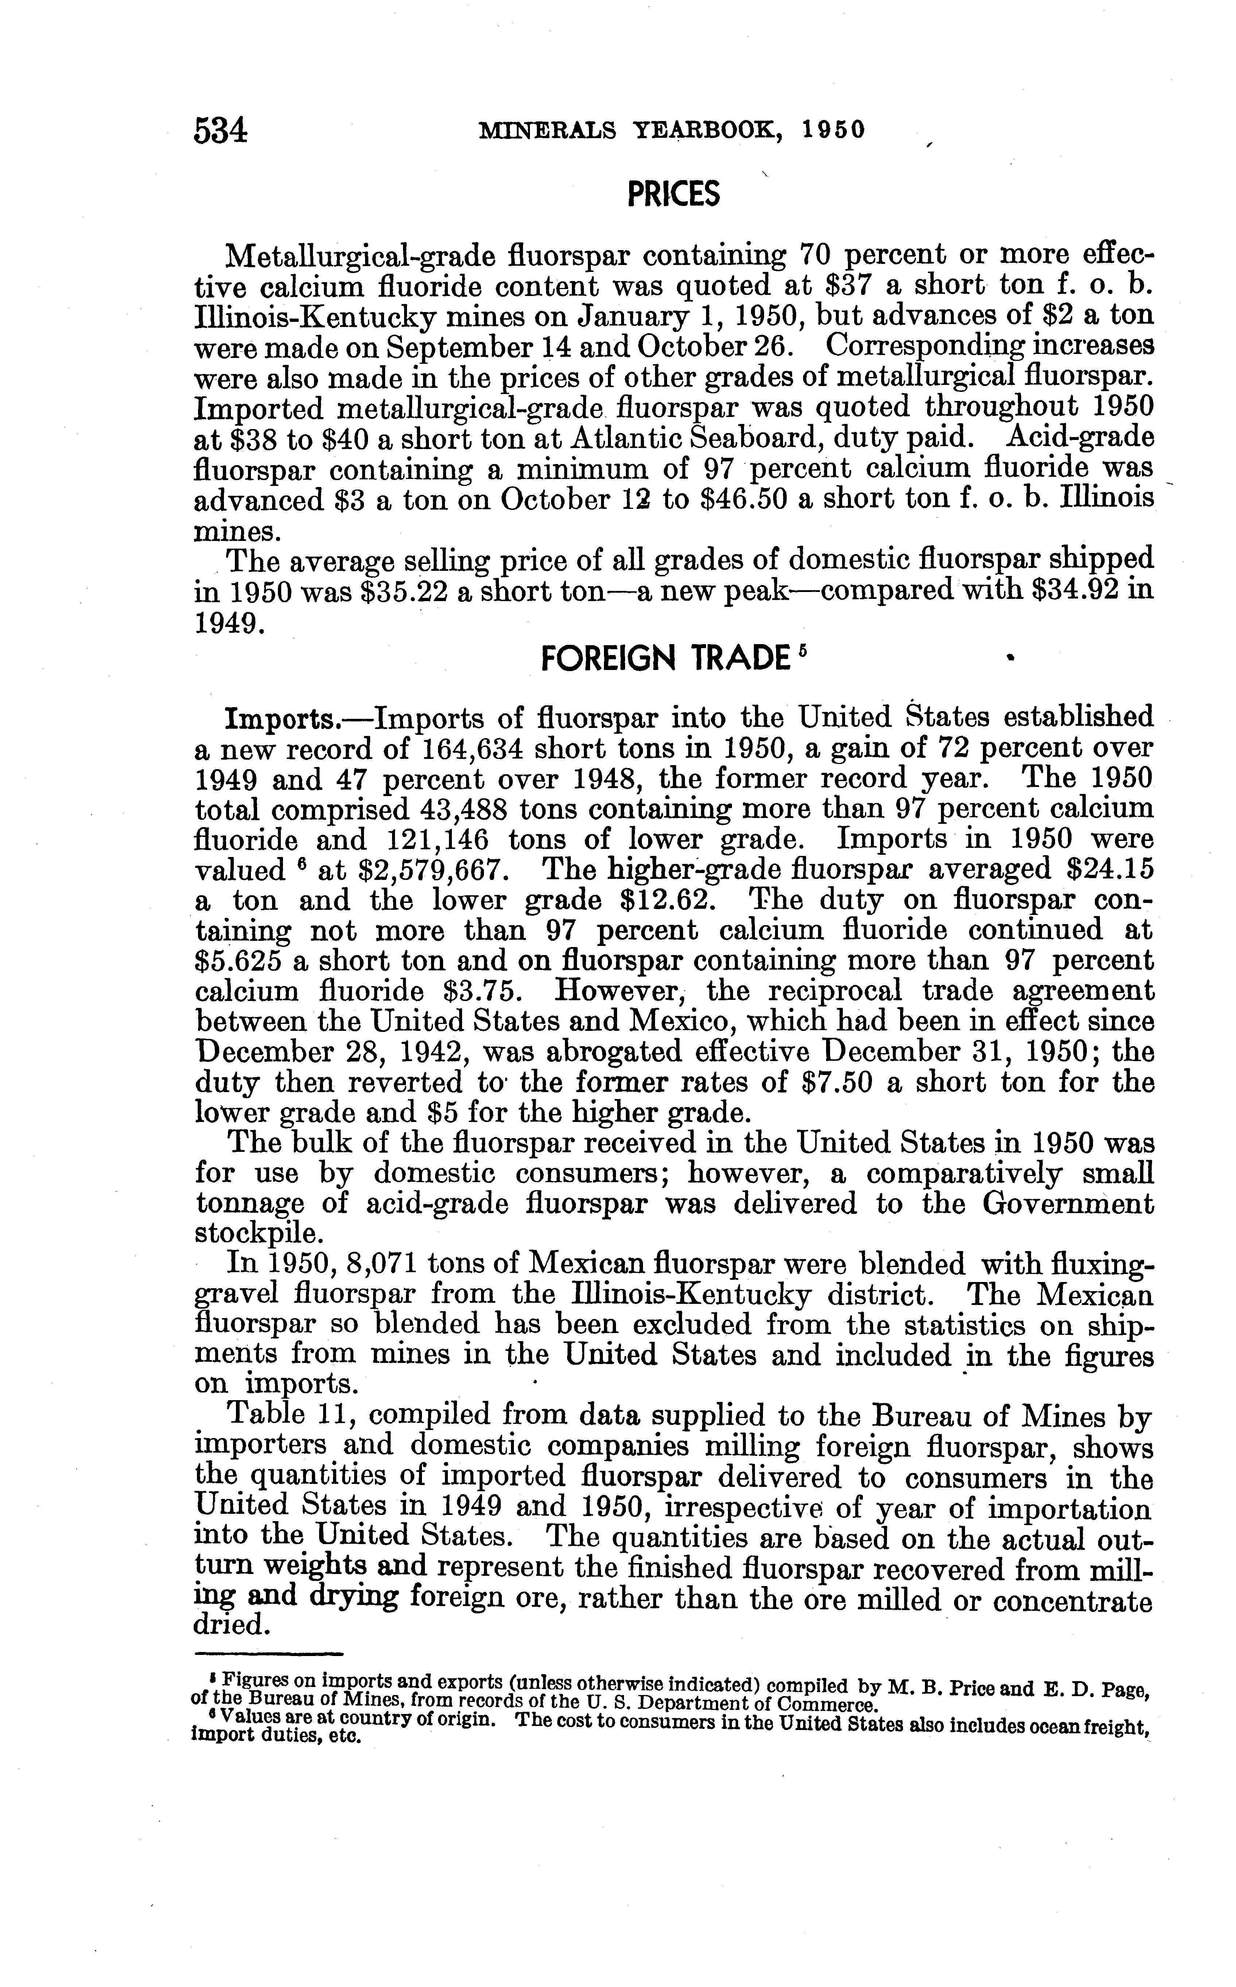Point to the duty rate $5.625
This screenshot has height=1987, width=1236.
coord(237,961)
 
